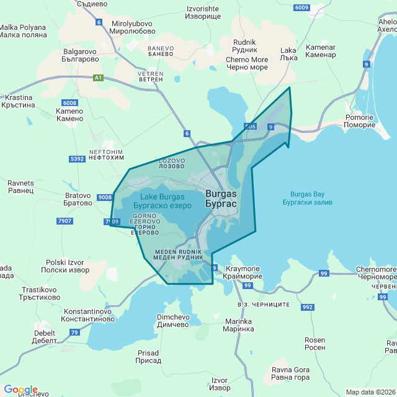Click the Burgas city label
click(x=220, y=198)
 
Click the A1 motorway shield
click(x=98, y=78)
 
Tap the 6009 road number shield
click(x=301, y=7)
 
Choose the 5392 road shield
click(x=78, y=159)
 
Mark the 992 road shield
click(x=308, y=306)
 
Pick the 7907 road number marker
click(x=64, y=221)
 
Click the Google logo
click(x=20, y=390)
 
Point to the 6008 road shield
click(x=69, y=102)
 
